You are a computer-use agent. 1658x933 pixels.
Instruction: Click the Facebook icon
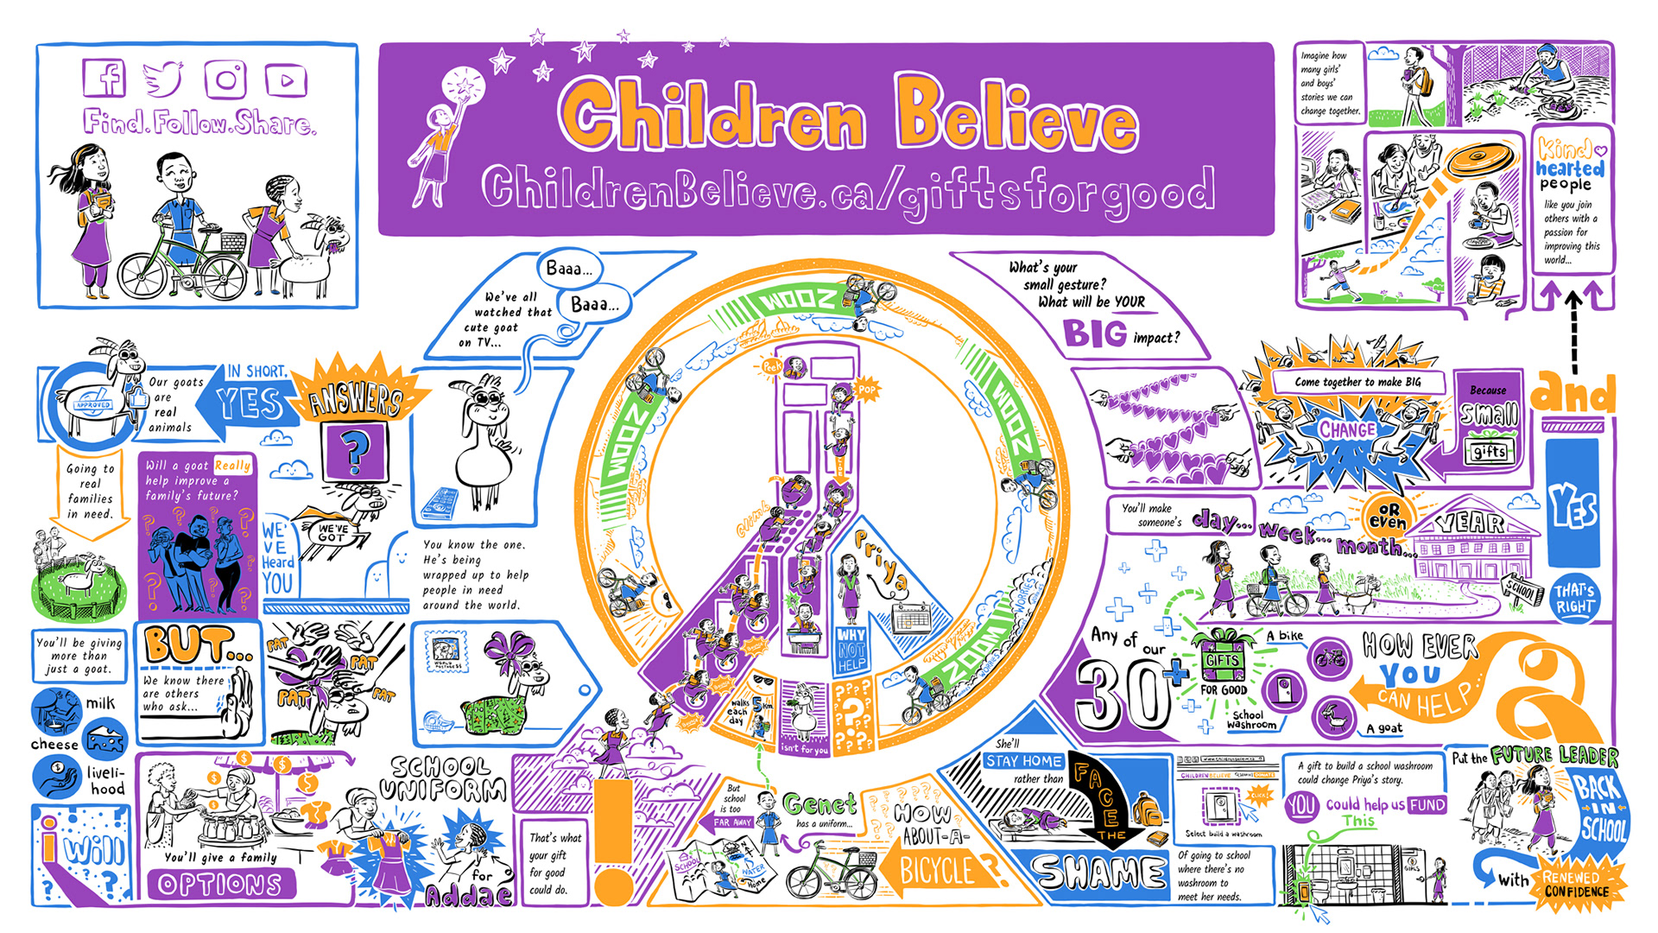[x=104, y=79]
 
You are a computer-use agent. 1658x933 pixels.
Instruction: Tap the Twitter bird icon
[x=163, y=79]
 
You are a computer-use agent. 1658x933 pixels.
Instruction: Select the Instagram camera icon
[x=225, y=79]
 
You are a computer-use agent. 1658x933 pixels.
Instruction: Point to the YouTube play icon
[x=286, y=80]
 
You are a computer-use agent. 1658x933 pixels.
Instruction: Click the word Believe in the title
[x=1016, y=115]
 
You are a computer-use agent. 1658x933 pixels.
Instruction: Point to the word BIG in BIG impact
[x=1094, y=333]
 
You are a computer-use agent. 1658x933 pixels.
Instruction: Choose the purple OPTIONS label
[x=220, y=885]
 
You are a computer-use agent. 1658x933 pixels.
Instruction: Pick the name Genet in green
[x=820, y=805]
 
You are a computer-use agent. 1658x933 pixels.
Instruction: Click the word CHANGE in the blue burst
[x=1346, y=429]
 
